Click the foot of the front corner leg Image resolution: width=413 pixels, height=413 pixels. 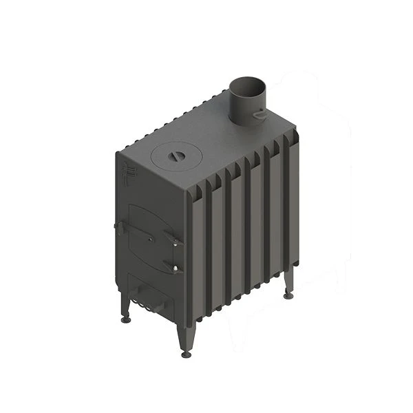[186, 352]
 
